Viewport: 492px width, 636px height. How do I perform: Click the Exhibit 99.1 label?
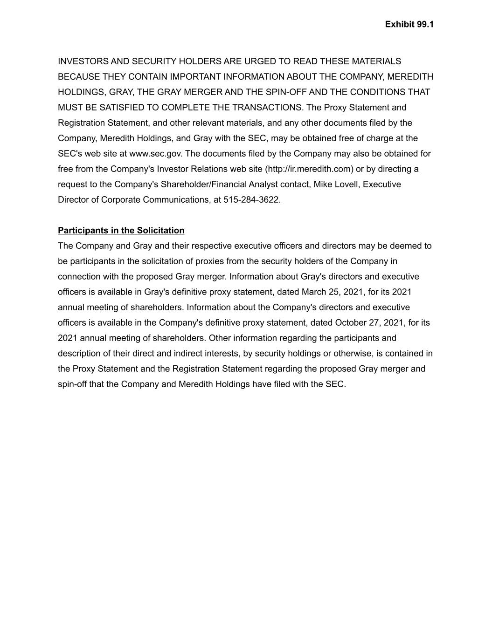tap(409, 24)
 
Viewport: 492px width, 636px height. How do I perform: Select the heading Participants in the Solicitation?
tap(121, 230)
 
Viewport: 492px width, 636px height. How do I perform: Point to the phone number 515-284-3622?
tap(251, 199)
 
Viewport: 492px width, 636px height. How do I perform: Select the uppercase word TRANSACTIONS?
tap(267, 107)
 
